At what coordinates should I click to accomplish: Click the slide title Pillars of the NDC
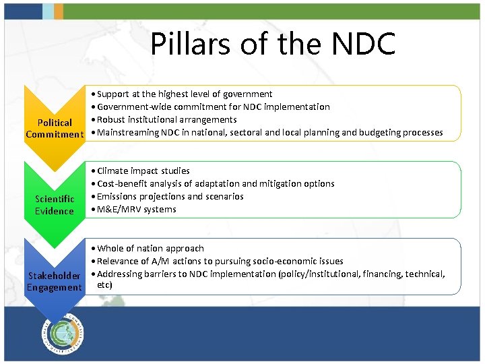tap(273, 44)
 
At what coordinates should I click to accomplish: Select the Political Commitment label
tap(55, 128)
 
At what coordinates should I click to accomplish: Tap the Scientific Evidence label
tap(55, 205)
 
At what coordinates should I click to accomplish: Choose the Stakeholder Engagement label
tap(54, 282)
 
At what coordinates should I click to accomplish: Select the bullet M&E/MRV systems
tap(136, 210)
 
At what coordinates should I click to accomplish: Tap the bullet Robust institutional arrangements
tap(166, 120)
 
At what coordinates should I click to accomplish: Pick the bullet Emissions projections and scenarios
tap(170, 197)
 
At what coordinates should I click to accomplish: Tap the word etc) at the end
tap(105, 285)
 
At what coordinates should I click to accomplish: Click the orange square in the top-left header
tap(59, 10)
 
